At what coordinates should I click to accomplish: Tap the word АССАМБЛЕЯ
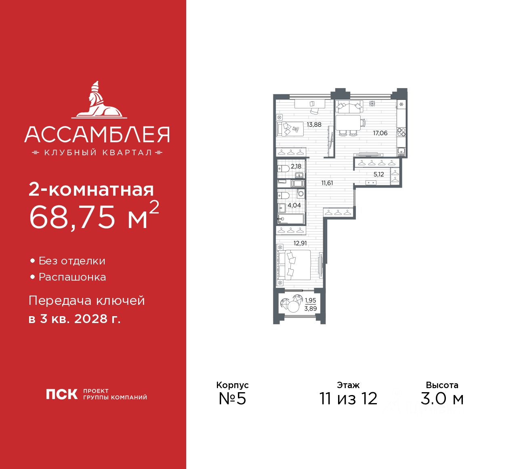97,135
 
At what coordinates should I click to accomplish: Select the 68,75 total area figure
73,217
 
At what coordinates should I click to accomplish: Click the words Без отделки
72,261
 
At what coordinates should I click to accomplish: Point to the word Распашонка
72,277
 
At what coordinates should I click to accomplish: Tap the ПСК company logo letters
61,394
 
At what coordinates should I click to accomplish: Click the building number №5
232,398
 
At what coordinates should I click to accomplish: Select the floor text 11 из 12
348,398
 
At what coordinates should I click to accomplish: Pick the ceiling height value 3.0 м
442,398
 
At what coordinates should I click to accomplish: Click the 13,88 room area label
314,125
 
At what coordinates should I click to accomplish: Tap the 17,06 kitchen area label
380,133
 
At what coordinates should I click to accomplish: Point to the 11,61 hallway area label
327,183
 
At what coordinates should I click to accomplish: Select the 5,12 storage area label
378,175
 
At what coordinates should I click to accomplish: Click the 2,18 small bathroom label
296,166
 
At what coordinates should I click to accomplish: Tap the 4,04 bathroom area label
294,205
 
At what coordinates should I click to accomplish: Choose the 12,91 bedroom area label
300,243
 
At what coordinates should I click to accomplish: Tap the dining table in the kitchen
348,122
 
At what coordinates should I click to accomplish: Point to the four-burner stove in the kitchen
401,132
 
